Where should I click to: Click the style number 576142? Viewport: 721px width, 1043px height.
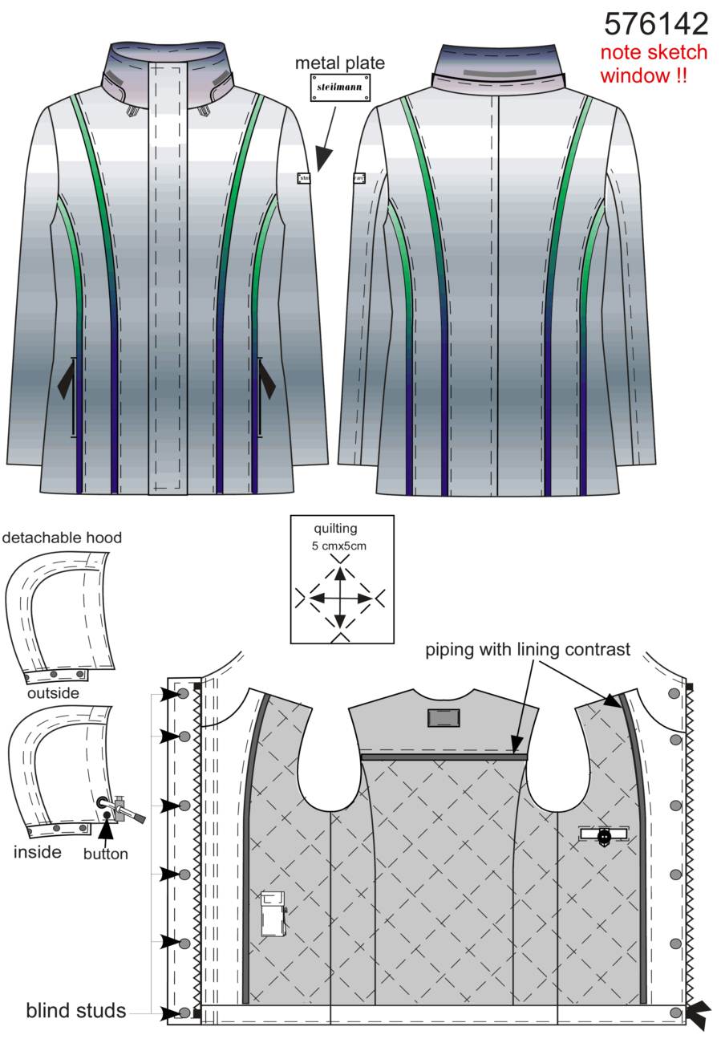tap(656, 24)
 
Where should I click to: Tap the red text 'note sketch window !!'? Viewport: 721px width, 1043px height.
tap(653, 63)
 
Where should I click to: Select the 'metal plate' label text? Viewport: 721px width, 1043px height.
tap(340, 63)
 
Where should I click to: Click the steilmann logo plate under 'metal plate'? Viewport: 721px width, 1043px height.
tap(340, 87)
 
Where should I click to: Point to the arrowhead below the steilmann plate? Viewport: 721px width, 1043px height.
tap(324, 159)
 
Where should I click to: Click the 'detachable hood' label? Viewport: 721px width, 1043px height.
tap(62, 538)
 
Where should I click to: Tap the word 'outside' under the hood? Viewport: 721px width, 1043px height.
tap(53, 693)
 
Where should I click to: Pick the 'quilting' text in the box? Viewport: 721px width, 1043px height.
tap(335, 529)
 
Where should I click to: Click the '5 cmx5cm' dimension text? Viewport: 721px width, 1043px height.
tap(339, 546)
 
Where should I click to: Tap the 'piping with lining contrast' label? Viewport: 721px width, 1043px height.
tap(528, 650)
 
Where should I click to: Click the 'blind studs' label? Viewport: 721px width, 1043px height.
tap(76, 1011)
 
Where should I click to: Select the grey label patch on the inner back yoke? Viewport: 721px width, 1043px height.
tap(444, 718)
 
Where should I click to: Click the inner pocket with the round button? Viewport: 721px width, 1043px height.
tap(604, 834)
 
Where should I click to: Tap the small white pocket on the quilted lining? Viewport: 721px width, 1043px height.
tap(273, 913)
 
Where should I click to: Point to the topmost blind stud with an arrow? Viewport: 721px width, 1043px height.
tap(184, 694)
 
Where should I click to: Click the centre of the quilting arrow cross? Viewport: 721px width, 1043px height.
tap(341, 598)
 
